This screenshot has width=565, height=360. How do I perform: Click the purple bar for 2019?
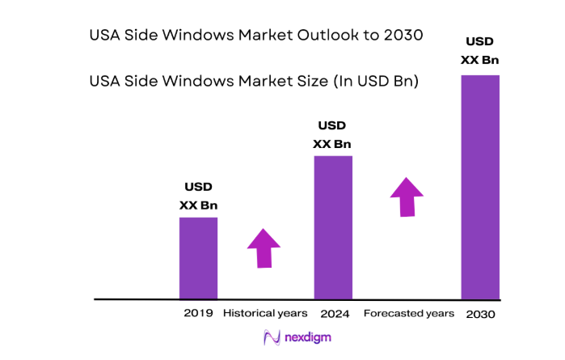(198, 258)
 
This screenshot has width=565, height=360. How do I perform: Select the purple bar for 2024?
(333, 227)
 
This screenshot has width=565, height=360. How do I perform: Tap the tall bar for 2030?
(480, 187)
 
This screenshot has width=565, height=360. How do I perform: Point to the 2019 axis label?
(199, 313)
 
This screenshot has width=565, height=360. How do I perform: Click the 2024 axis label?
(334, 313)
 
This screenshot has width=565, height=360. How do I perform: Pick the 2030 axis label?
(480, 314)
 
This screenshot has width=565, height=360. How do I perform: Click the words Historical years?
(265, 313)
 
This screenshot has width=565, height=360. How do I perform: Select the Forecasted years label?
(409, 313)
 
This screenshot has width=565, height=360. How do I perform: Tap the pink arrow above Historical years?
(264, 248)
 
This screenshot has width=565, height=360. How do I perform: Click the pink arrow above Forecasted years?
(407, 197)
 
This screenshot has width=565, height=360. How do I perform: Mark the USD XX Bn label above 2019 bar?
(198, 197)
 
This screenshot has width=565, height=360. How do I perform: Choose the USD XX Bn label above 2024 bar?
(332, 135)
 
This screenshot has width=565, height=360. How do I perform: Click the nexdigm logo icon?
(272, 337)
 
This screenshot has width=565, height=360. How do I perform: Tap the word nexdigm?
(307, 337)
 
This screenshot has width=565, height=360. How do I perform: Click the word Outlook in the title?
(310, 36)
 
